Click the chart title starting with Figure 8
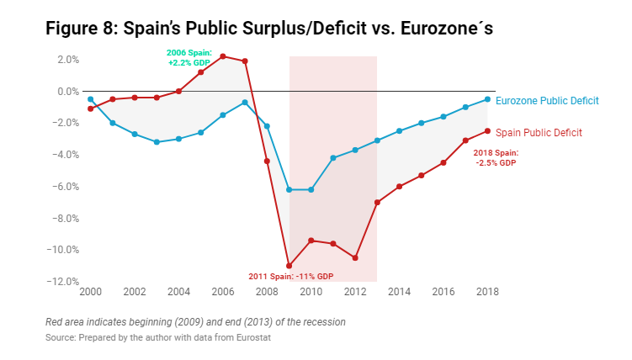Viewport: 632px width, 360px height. click(x=268, y=28)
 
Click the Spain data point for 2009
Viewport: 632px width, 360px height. click(x=289, y=266)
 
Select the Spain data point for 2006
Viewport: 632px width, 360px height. click(x=223, y=56)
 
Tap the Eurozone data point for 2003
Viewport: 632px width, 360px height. click(x=157, y=142)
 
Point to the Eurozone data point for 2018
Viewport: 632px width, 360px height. click(x=487, y=99)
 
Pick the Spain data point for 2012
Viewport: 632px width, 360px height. click(x=355, y=257)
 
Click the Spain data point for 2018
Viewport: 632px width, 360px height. click(x=487, y=130)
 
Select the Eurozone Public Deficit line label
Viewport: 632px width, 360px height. click(x=547, y=101)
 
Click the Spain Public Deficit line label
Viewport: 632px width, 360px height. click(x=539, y=132)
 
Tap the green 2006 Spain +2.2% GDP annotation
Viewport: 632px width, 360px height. click(x=189, y=57)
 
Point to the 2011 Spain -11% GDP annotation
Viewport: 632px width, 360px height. click(x=291, y=276)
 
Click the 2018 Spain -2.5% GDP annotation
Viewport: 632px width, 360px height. click(x=496, y=157)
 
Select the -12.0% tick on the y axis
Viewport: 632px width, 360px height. click(x=66, y=281)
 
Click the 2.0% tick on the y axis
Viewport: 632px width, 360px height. click(x=68, y=60)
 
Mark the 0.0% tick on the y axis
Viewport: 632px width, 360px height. click(x=68, y=91)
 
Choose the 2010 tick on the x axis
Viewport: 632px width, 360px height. click(x=311, y=292)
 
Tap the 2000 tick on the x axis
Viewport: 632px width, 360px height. click(x=90, y=292)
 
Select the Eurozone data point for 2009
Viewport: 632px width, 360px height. click(x=289, y=189)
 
